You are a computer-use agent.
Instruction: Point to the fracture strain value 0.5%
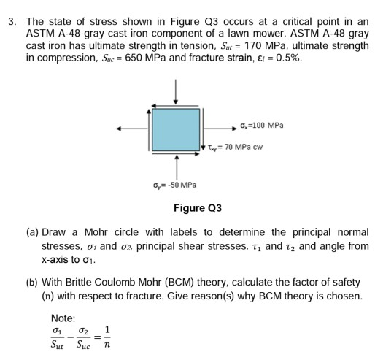305,58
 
